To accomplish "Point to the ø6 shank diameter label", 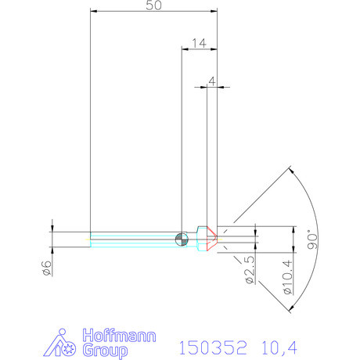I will click(46, 267).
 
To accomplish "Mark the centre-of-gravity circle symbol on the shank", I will click(182, 239).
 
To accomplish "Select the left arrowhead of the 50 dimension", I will click(93, 11).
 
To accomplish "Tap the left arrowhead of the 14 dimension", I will click(185, 49).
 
